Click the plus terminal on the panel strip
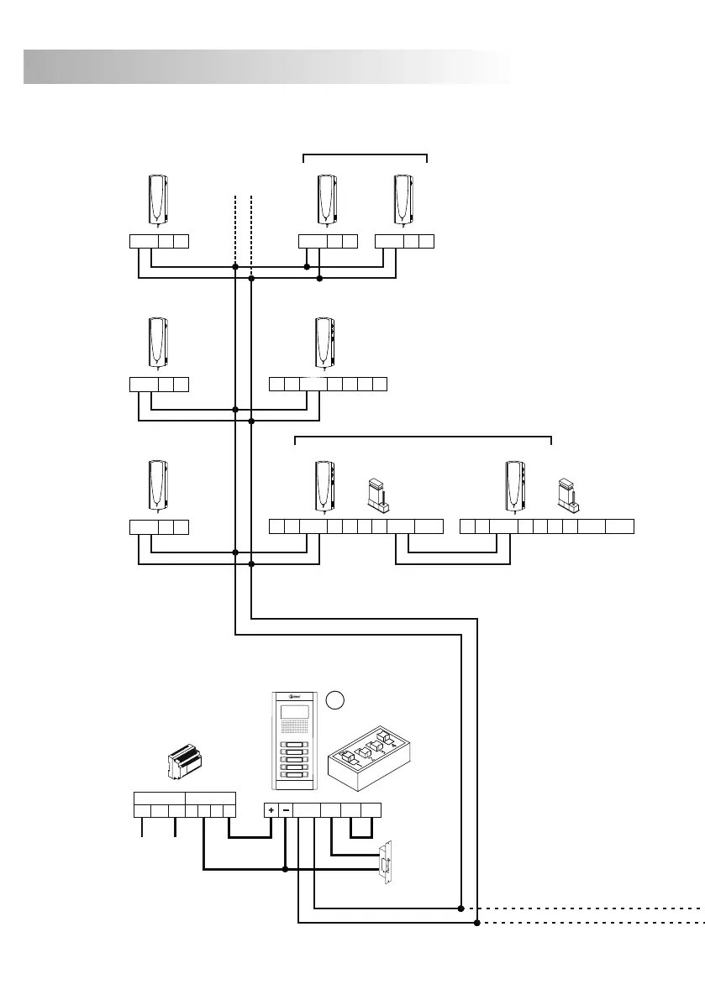click(271, 810)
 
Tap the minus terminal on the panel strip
click(286, 810)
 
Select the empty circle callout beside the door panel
click(334, 699)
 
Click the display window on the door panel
click(293, 714)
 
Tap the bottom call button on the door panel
click(293, 776)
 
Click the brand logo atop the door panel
click(293, 696)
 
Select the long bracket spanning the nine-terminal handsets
click(423, 437)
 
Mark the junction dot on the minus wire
click(285, 870)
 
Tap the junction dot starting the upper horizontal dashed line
click(460, 908)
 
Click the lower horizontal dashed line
click(588, 923)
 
